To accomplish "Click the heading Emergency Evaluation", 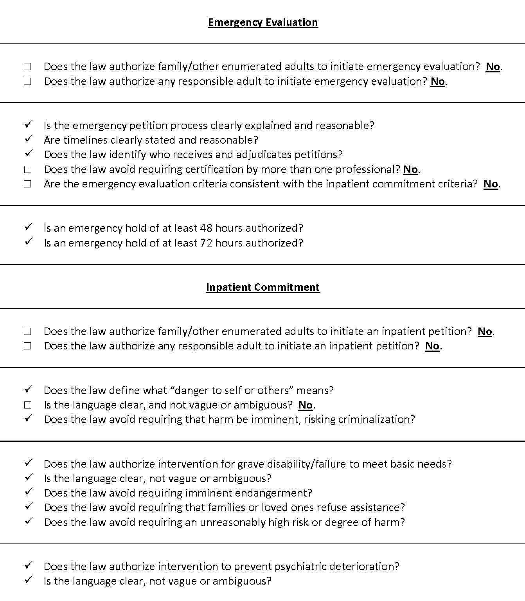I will point(263,22).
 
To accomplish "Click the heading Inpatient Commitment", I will point(263,287).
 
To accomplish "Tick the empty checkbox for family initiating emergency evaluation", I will point(27,67).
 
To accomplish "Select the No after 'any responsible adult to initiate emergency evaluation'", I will point(438,81).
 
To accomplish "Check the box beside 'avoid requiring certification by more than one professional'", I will point(27,170).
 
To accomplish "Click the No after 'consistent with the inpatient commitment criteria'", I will point(491,184).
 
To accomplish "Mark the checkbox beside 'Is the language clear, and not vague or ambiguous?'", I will point(27,405).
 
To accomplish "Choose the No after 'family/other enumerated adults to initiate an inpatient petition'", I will point(485,331).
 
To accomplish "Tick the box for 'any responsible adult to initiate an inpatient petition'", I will point(27,346).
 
